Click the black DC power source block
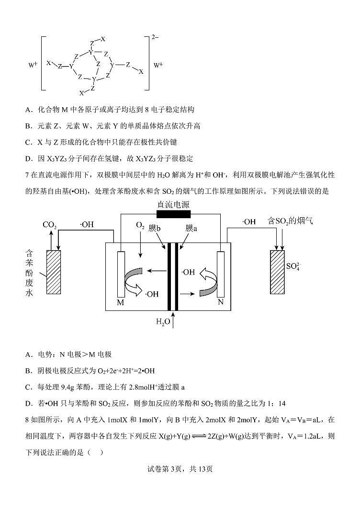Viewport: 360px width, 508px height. pos(174,214)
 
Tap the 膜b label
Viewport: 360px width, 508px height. pos(154,228)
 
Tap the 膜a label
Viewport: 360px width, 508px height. pos(191,228)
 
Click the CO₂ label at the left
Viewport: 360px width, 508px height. pos(50,224)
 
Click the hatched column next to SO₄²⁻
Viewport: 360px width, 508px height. pos(277,272)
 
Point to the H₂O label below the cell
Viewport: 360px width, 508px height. pos(163,322)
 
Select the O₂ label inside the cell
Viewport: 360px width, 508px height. pos(140,225)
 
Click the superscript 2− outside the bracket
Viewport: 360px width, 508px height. pos(155,37)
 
